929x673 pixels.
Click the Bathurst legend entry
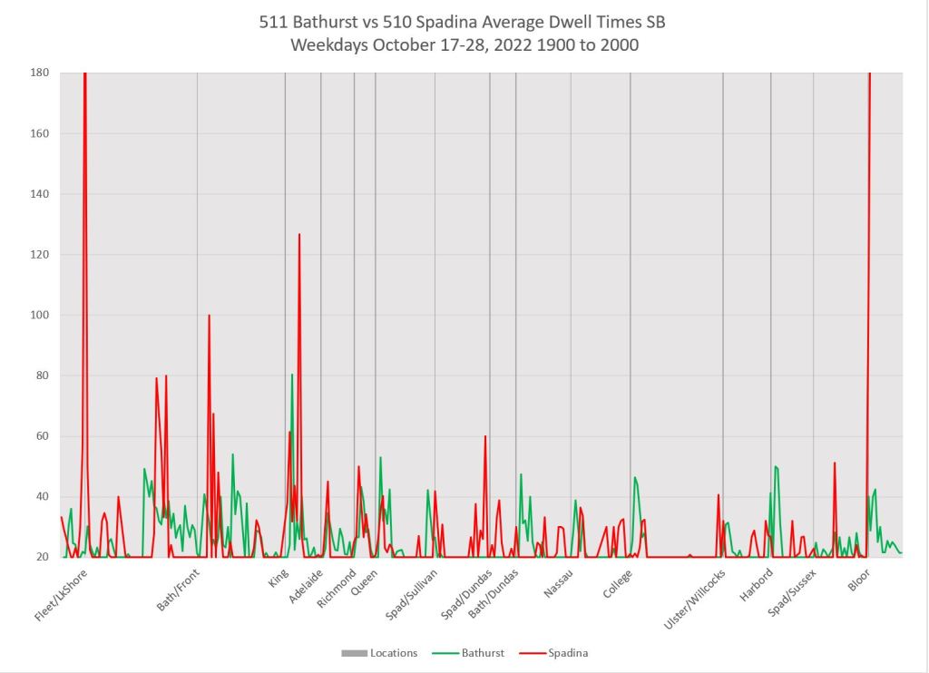click(x=480, y=652)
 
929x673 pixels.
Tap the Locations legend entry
click(x=392, y=652)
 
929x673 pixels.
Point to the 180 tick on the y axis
click(x=40, y=73)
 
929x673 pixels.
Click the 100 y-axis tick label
click(x=40, y=315)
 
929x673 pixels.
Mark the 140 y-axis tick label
click(x=40, y=194)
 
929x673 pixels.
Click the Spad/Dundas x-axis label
click(x=466, y=593)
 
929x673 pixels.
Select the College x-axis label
click(x=619, y=583)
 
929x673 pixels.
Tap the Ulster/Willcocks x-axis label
click(x=696, y=600)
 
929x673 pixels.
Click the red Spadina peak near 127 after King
click(x=299, y=234)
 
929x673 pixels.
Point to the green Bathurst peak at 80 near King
click(x=292, y=375)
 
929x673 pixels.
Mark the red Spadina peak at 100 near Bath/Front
click(x=209, y=316)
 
